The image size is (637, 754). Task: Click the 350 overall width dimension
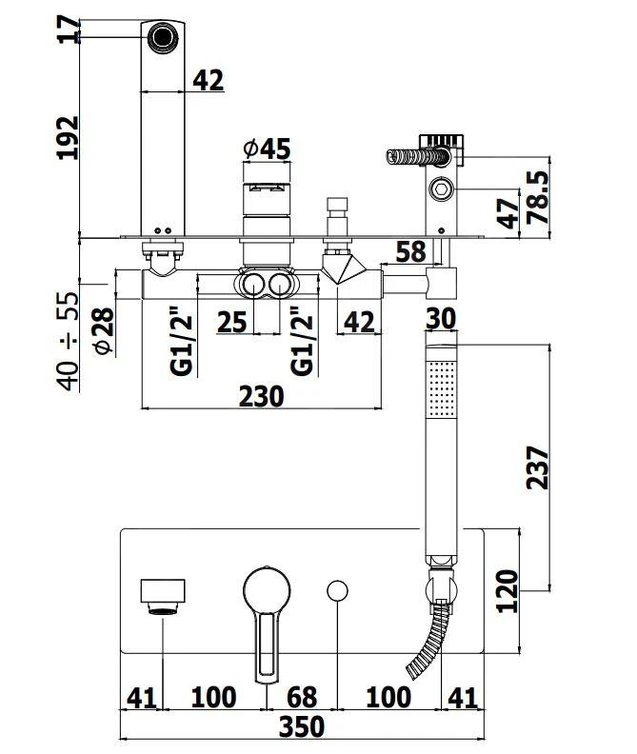click(x=303, y=726)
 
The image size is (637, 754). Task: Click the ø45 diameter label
click(x=266, y=149)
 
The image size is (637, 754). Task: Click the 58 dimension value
click(x=410, y=252)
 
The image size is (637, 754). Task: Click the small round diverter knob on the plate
click(x=337, y=590)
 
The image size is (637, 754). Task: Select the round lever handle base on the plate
click(x=266, y=588)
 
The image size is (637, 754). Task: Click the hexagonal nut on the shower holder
click(x=441, y=188)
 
